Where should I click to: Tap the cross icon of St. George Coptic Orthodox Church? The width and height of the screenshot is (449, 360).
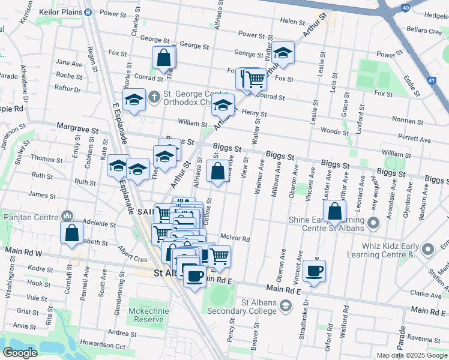tap(154, 96)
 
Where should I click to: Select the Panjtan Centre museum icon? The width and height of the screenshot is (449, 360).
tap(66, 215)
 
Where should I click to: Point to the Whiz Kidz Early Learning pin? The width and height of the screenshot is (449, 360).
tap(427, 248)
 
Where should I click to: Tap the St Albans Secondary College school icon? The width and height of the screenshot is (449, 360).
tap(286, 306)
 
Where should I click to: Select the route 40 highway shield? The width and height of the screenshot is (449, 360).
tap(405, 7)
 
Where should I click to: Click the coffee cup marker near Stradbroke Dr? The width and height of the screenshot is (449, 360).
tap(314, 271)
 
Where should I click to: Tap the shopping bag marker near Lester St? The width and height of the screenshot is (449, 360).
tap(335, 211)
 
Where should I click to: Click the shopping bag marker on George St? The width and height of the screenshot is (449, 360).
tap(164, 58)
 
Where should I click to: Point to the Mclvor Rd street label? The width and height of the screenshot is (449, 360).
tap(235, 238)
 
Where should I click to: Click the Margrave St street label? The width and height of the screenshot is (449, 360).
tap(77, 127)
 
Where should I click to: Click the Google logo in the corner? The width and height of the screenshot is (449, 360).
tap(20, 353)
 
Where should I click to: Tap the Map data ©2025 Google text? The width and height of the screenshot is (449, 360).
tap(411, 355)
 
